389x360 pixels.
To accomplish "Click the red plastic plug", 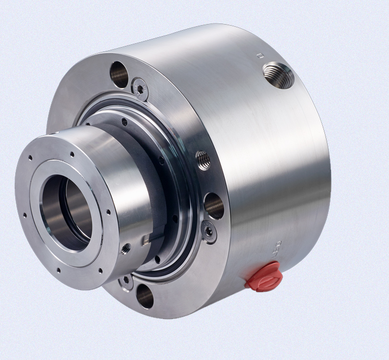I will [264, 276].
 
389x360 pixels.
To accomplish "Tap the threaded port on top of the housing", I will [278, 75].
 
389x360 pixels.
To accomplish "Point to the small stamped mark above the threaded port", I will [260, 56].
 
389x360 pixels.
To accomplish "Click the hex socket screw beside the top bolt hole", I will [140, 88].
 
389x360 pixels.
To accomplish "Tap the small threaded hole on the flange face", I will [203, 160].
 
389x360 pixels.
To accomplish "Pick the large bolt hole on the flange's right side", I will [214, 206].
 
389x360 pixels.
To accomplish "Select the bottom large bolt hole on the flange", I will [145, 296].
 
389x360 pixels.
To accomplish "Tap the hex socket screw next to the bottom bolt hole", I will [126, 282].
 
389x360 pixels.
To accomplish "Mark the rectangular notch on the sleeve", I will [145, 239].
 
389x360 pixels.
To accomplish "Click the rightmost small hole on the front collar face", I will [109, 212].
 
